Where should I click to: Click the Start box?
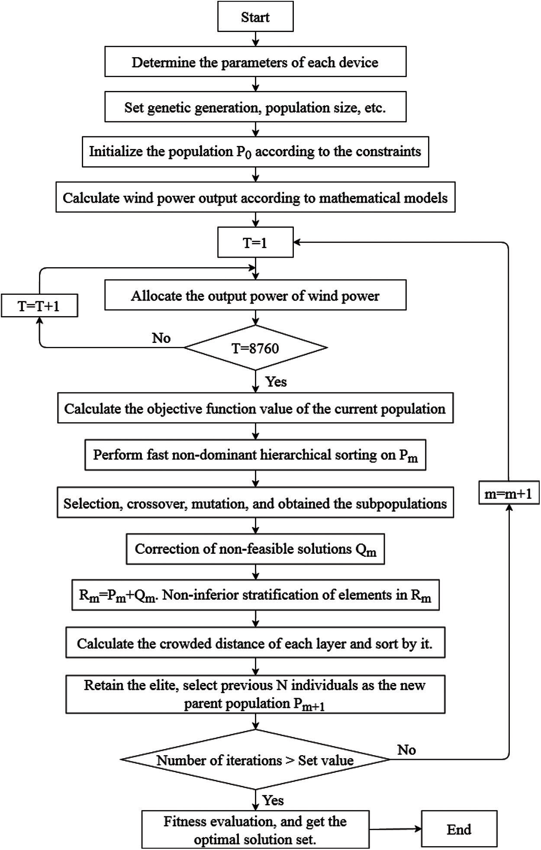pyautogui.click(x=255, y=17)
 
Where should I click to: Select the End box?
pyautogui.click(x=459, y=828)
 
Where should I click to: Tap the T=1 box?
pyautogui.click(x=255, y=242)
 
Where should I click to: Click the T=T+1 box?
pyautogui.click(x=39, y=306)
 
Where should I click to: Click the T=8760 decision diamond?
pyautogui.click(x=255, y=348)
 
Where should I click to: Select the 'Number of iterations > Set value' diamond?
pyautogui.click(x=255, y=760)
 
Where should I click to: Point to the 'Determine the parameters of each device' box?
pyautogui.click(x=255, y=62)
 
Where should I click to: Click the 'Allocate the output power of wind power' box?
pyautogui.click(x=255, y=296)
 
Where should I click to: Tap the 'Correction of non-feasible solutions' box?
pyautogui.click(x=255, y=549)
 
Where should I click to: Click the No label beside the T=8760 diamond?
pyautogui.click(x=161, y=338)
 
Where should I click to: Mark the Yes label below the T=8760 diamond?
pyautogui.click(x=276, y=381)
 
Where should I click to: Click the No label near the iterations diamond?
pyautogui.click(x=406, y=750)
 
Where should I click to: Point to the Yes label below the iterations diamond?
pyautogui.click(x=273, y=800)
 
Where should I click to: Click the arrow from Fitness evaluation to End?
pyautogui.click(x=395, y=829)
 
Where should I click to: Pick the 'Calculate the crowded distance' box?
pyautogui.click(x=255, y=643)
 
